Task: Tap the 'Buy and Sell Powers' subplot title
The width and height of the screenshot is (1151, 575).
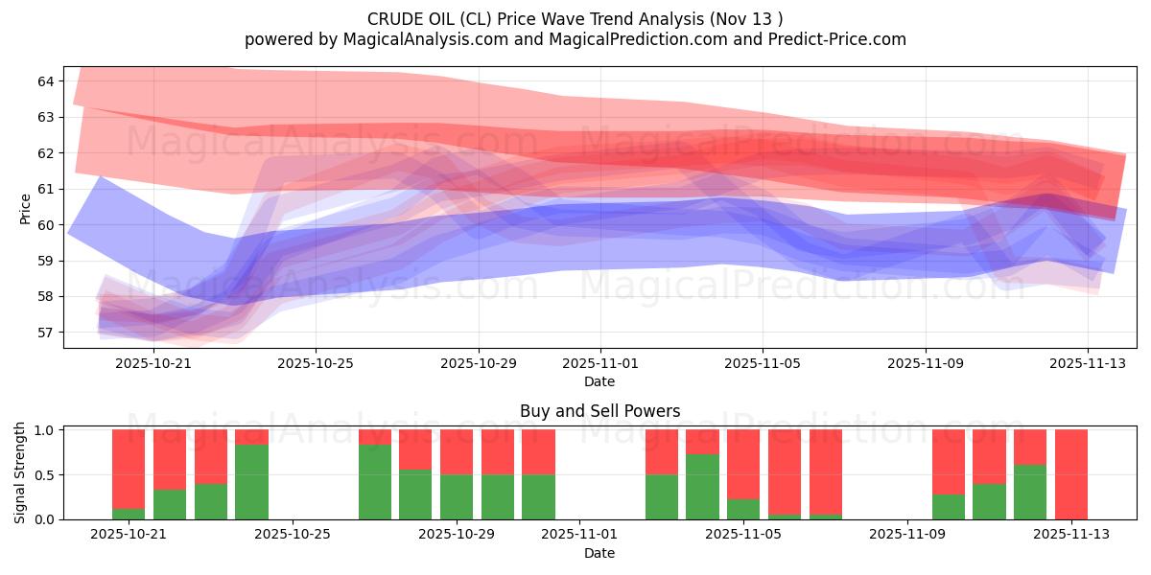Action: (599, 411)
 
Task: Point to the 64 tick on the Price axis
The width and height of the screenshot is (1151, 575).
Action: (46, 81)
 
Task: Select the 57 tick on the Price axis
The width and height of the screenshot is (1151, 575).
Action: (46, 333)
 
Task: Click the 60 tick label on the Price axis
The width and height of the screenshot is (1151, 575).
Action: (46, 225)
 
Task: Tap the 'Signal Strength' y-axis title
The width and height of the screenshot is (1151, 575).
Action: (20, 474)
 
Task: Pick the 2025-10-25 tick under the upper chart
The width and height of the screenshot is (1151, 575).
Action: (316, 364)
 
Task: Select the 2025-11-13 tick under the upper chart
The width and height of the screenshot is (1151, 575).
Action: (1087, 364)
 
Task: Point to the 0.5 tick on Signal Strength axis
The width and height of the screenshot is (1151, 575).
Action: (46, 474)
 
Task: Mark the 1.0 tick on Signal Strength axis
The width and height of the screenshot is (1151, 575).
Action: (46, 430)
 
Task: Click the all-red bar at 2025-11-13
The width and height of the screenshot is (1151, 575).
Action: (1070, 474)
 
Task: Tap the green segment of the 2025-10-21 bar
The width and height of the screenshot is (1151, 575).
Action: (129, 514)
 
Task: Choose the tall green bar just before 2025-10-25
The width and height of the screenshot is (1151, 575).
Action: (251, 482)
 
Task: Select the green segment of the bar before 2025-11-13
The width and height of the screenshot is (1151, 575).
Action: (1030, 492)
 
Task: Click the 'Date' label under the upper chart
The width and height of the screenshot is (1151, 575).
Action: (599, 381)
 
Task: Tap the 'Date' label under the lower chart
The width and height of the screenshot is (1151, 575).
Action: (599, 553)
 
